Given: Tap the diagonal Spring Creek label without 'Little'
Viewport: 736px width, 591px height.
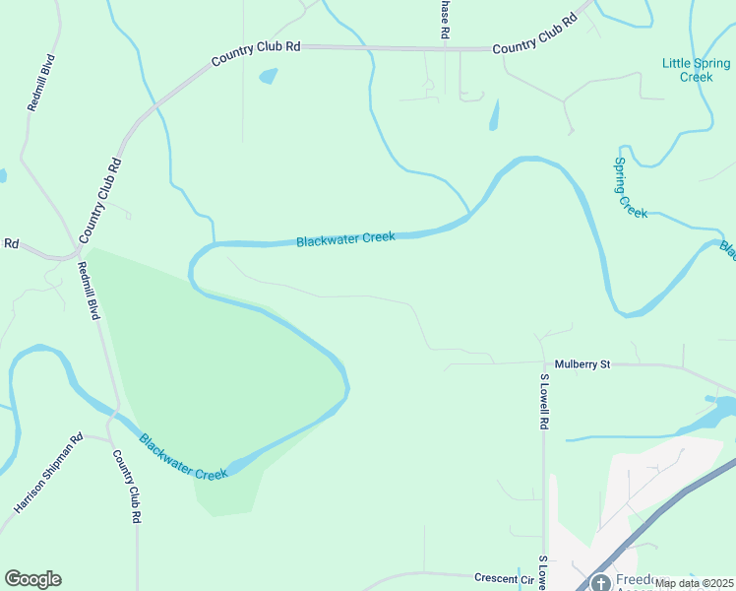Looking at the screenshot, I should (x=630, y=187).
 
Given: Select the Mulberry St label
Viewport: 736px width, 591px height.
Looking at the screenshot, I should (x=583, y=364).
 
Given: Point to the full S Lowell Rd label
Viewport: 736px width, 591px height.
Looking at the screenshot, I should (x=542, y=401).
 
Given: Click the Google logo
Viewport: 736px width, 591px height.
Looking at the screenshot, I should (x=32, y=579).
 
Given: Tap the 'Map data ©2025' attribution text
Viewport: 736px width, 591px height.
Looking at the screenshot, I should (x=694, y=583).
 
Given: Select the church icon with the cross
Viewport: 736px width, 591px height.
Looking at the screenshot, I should (x=600, y=581).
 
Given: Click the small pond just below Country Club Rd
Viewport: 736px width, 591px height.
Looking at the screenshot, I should (x=267, y=76).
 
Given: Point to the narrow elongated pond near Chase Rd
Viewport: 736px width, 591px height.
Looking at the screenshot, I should (x=493, y=116).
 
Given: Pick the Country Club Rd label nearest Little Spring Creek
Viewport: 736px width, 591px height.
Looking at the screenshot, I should (x=533, y=34).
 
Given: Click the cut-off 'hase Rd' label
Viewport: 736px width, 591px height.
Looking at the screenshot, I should (x=445, y=20).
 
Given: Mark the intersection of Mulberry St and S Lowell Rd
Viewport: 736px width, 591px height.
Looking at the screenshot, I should (x=543, y=364).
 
